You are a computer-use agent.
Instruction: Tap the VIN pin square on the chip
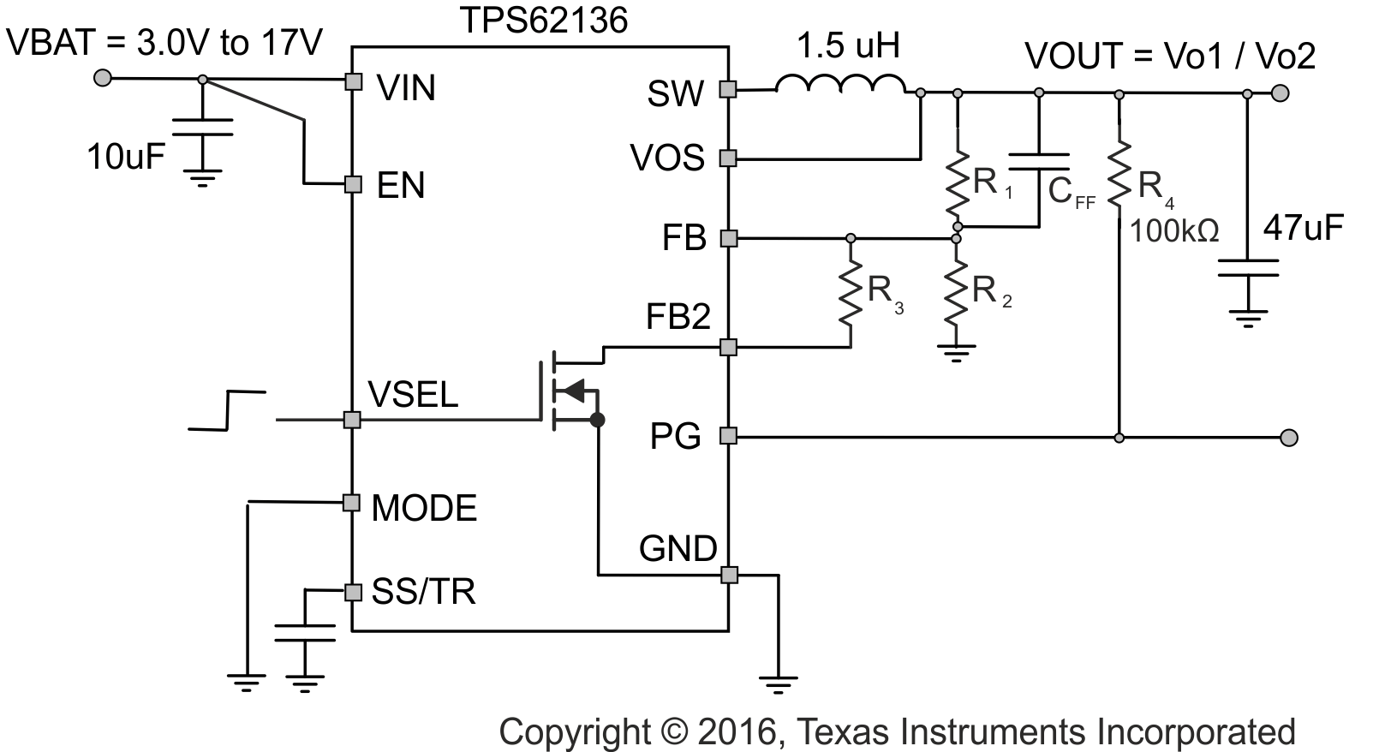[352, 81]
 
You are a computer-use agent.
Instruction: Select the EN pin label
[401, 186]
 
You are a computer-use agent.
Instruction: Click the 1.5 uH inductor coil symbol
[839, 85]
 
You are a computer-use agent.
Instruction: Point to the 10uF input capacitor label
[125, 157]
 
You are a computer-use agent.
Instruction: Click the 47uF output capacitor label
[1303, 227]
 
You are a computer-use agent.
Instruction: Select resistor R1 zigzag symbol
[958, 183]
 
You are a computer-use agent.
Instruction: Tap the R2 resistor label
[990, 292]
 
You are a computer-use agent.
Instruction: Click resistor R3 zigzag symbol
[850, 292]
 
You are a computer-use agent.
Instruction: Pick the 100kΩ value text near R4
[1173, 231]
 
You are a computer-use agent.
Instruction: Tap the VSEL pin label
[413, 394]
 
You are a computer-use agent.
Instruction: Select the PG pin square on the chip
[728, 436]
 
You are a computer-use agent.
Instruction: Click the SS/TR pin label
[423, 592]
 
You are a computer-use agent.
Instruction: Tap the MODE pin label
[424, 509]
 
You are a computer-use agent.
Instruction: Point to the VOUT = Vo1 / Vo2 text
[1170, 57]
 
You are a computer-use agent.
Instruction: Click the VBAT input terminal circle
[102, 78]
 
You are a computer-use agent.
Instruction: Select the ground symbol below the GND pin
[778, 683]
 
